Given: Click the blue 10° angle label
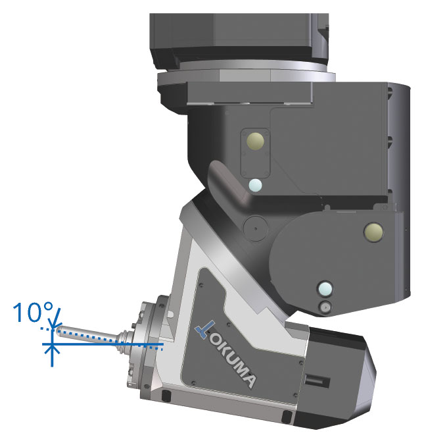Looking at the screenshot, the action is click(33, 312).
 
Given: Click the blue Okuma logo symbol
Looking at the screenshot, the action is click(204, 330).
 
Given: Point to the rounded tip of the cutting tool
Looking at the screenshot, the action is click(59, 331).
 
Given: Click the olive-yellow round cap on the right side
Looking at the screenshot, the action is click(373, 232).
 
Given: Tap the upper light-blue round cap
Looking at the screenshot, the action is click(255, 186).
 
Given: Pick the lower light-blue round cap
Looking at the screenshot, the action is click(325, 289).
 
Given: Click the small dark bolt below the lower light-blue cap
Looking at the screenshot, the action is click(325, 307).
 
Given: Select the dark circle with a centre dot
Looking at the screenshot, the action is click(255, 228).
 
